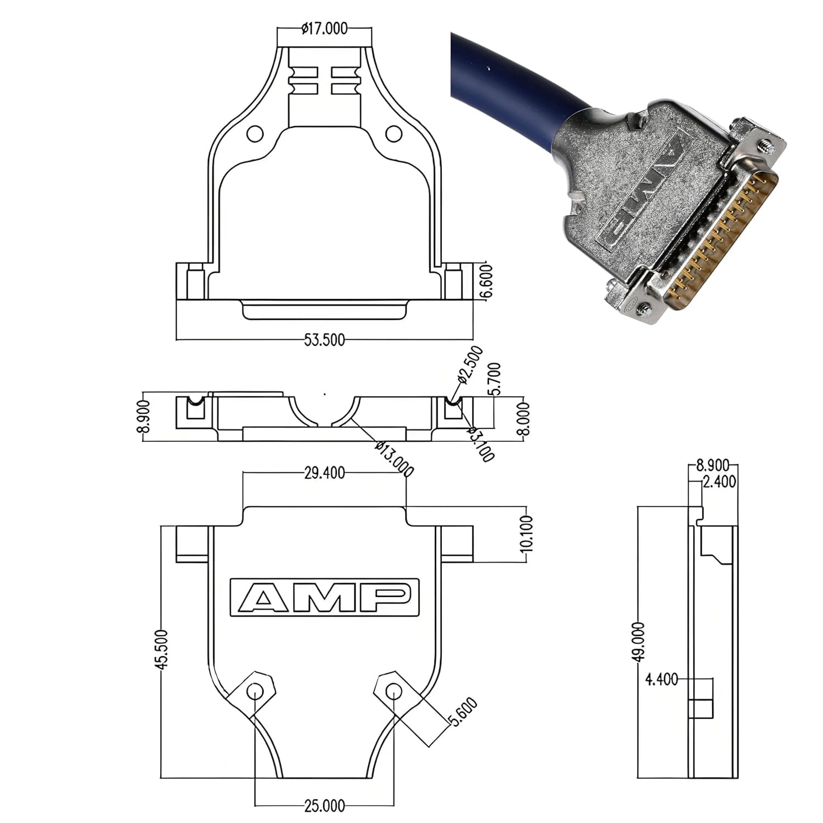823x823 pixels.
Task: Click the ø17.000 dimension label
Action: point(324,29)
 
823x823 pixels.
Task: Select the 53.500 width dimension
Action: point(325,340)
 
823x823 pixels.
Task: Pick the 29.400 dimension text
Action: point(325,472)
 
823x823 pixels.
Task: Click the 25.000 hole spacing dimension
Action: point(325,806)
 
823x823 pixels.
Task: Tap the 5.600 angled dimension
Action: point(464,712)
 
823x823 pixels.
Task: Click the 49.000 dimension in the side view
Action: point(639,642)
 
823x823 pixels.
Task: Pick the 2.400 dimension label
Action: point(719,482)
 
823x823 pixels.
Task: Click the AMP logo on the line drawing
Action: point(325,597)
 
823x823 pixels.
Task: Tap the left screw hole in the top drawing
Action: point(255,133)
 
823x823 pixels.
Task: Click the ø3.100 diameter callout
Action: point(481,443)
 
